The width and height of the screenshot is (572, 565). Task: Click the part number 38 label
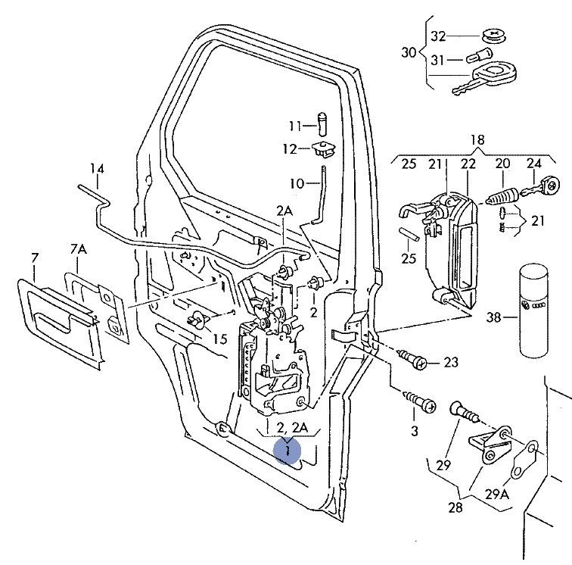coord(493,319)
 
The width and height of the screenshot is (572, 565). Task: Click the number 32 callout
coord(439,36)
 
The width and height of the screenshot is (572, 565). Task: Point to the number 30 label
coord(409,52)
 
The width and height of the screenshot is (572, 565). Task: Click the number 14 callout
coord(97,168)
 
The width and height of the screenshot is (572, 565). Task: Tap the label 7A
coord(78,248)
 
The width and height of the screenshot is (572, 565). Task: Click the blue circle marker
coord(288,451)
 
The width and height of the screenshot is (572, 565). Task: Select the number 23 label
coord(451,363)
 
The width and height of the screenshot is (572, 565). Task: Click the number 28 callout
coord(455,507)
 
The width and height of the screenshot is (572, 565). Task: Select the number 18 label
coord(477,139)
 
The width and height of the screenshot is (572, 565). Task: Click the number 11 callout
coord(294,125)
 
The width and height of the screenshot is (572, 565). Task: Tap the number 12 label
coord(291,149)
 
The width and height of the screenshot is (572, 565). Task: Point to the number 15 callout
coord(219,339)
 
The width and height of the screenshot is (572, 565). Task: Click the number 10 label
coord(296,183)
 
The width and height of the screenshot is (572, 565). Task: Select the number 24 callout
coord(534,163)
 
